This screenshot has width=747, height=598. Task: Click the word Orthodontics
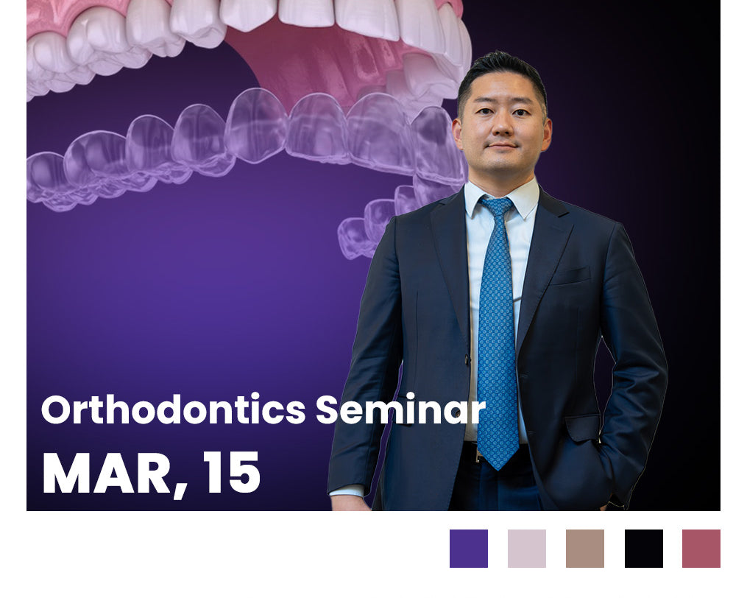pos(174,409)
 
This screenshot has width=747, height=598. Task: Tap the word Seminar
pos(400,409)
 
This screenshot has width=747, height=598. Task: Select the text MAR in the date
pos(106,473)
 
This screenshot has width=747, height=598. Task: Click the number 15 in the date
pos(232,473)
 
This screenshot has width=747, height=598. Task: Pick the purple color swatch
pos(468,549)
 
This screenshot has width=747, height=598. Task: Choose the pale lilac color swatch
pos(526,549)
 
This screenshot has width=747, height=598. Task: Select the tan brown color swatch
pos(584,549)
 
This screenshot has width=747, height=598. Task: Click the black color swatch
pos(644,549)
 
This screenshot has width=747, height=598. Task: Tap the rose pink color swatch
pos(701,549)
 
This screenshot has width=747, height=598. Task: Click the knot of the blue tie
pos(497,206)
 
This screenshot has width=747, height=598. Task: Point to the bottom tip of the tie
pos(498,470)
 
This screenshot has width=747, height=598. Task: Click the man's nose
pos(501,125)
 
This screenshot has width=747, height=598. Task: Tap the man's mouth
pos(502,145)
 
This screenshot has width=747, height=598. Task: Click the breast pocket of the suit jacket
pos(570,275)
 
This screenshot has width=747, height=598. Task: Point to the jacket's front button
pos(467,360)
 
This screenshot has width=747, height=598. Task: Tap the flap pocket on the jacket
pos(582,427)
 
